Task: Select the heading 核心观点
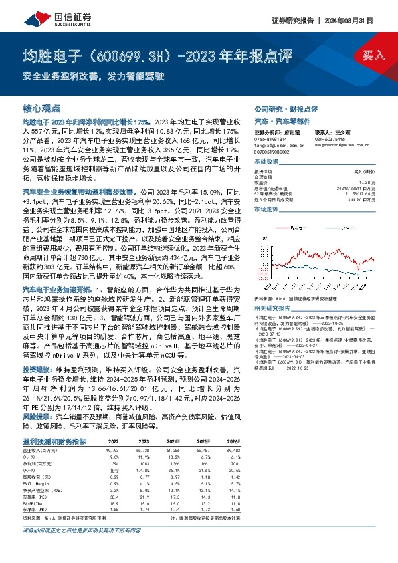coord(41,107)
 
